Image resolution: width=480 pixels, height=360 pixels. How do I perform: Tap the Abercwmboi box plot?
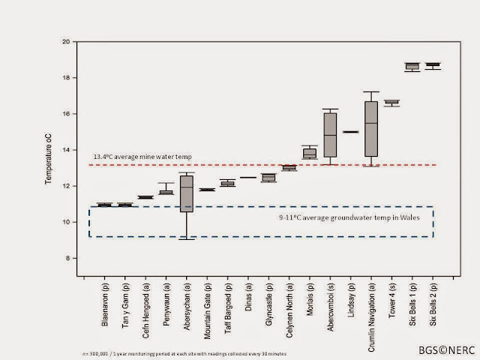(330, 135)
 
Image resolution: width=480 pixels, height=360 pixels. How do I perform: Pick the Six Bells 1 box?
(412, 67)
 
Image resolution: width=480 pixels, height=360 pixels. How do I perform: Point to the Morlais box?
(309, 153)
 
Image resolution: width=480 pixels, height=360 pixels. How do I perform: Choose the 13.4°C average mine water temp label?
(142, 157)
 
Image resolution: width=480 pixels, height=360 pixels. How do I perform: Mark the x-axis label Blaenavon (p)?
(106, 304)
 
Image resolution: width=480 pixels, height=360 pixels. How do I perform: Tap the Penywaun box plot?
(166, 191)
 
